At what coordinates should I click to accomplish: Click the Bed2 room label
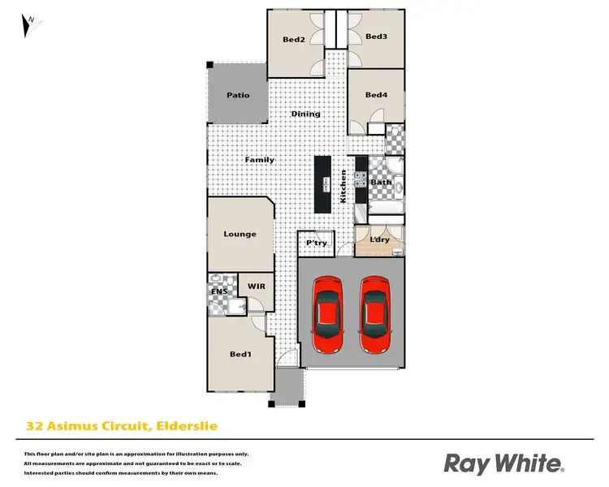[x=293, y=40]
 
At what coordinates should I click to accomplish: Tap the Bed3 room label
[x=376, y=37]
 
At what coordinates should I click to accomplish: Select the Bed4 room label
[x=376, y=95]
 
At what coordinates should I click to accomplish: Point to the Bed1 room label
[x=240, y=354]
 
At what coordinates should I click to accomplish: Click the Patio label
[x=237, y=95]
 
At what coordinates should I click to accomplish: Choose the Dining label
[x=306, y=114]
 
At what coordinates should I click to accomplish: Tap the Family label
[x=260, y=160]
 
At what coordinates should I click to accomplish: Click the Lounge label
[x=240, y=234]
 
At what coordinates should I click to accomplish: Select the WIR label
[x=257, y=287]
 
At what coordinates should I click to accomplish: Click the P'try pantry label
[x=315, y=243]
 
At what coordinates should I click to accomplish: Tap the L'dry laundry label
[x=380, y=241]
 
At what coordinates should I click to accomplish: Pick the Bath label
[x=381, y=183]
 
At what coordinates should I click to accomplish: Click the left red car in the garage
[x=328, y=315]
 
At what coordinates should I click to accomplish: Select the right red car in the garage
[x=375, y=315]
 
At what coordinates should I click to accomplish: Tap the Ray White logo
[x=503, y=463]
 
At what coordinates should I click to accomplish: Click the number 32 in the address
[x=34, y=425]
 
